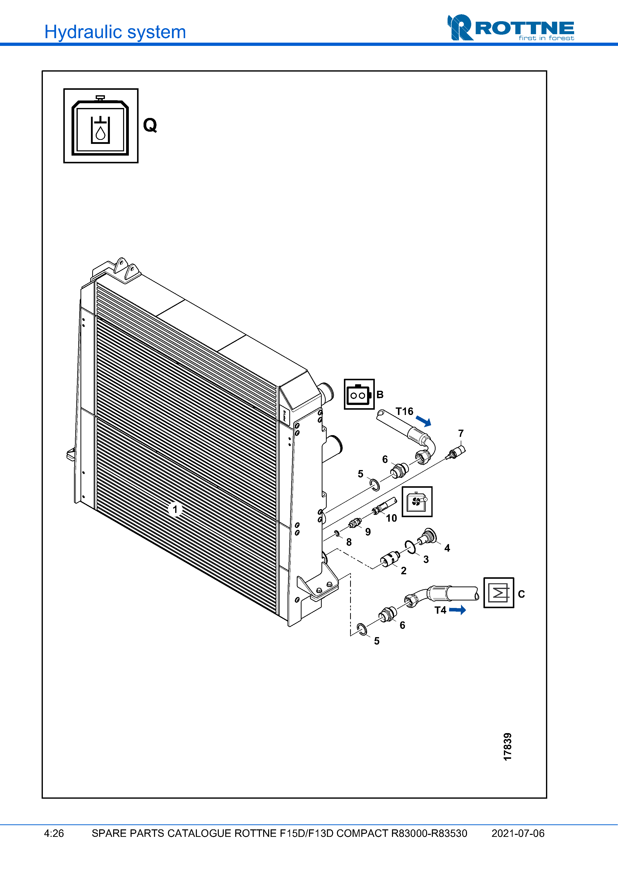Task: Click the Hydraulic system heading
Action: pos(115,32)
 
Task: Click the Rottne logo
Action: pos(510,28)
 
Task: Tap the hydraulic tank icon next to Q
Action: pos(100,126)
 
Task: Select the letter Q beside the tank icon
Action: pos(150,125)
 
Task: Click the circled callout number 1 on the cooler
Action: pos(175,509)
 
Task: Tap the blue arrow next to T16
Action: pos(423,421)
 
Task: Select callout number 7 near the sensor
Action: pos(461,433)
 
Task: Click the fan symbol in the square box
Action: pos(417,501)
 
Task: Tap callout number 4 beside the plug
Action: pos(447,548)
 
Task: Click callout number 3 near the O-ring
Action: pos(426,560)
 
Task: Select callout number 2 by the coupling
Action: pos(404,571)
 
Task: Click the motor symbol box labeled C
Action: pos(498,593)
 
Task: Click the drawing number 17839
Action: pos(508,747)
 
